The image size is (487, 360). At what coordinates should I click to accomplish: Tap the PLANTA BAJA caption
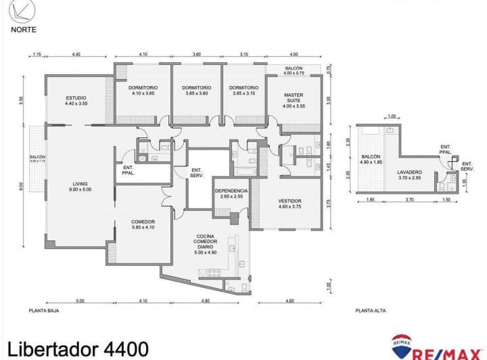42,311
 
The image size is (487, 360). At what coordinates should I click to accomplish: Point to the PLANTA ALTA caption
370,311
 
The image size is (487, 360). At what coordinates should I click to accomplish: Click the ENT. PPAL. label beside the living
129,171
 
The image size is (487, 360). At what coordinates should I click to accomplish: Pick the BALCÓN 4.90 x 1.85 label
371,160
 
